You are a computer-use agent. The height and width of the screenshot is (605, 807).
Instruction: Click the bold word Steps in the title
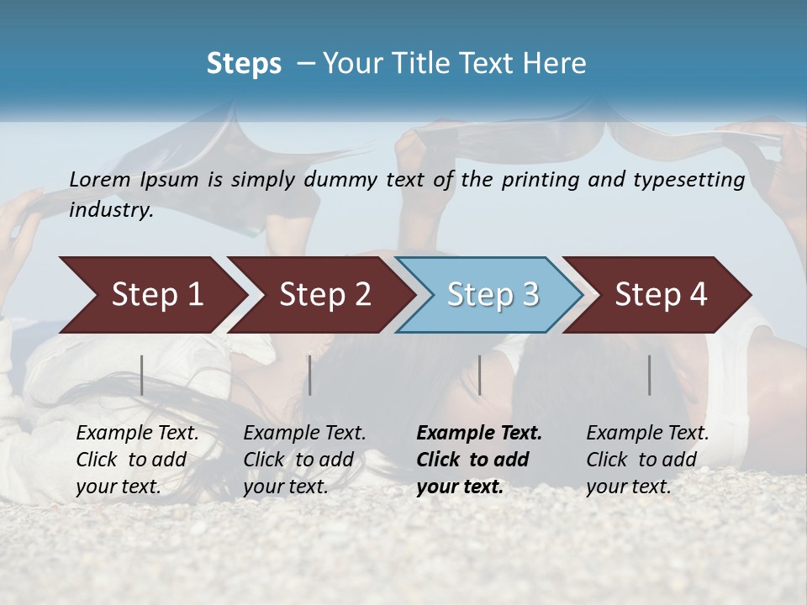(x=244, y=64)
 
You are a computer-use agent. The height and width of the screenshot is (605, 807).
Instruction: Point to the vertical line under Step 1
(x=142, y=375)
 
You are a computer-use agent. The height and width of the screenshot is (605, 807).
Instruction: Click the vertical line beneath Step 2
(x=310, y=375)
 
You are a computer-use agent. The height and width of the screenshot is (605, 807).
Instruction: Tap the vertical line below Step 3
(x=480, y=375)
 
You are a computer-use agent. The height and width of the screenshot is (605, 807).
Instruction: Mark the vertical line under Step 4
(x=650, y=375)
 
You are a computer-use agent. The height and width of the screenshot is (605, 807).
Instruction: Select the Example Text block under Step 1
(x=137, y=459)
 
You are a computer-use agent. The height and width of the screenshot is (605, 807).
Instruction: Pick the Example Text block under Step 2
(x=304, y=459)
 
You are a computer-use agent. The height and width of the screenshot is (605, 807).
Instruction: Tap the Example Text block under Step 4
(x=647, y=459)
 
